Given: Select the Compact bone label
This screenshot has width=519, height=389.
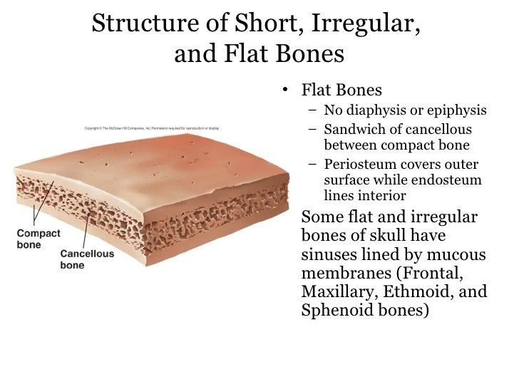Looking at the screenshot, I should tap(38, 239).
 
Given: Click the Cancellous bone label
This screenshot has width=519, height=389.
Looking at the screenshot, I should tap(86, 259).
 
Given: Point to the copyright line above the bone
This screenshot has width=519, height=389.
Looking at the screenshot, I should tap(152, 128).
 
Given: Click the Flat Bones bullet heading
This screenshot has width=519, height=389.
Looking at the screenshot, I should tap(341, 90).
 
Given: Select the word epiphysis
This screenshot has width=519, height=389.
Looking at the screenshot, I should tap(456, 110).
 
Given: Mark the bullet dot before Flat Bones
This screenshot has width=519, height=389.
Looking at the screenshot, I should tap(285, 91).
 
